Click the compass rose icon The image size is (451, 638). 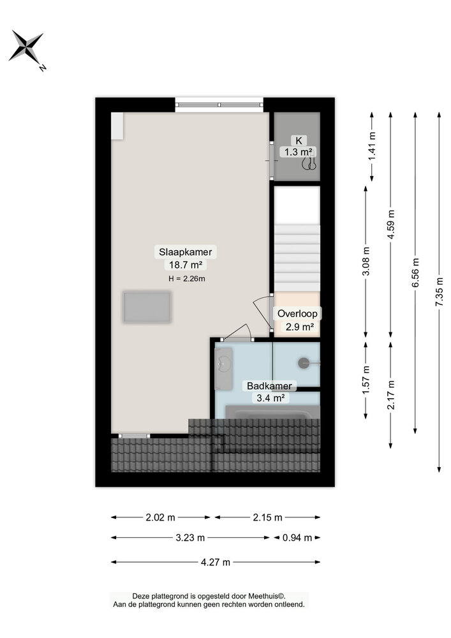coord(26,47)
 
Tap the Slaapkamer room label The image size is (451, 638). coord(185,252)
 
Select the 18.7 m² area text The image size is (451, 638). coord(185,265)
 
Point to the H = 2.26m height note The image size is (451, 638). coord(186,278)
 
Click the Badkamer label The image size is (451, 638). coord(270,386)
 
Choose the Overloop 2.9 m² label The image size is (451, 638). coord(297,320)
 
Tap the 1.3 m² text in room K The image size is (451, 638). coord(297,152)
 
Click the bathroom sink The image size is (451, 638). coord(224,365)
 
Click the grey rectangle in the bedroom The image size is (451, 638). coord(147,307)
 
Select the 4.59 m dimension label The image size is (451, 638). coord(391,224)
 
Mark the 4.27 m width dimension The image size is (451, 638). coord(216,562)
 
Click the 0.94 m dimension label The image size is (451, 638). coord(297,538)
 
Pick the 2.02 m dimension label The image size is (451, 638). coord(161,517)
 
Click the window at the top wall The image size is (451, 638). coord(219,105)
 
